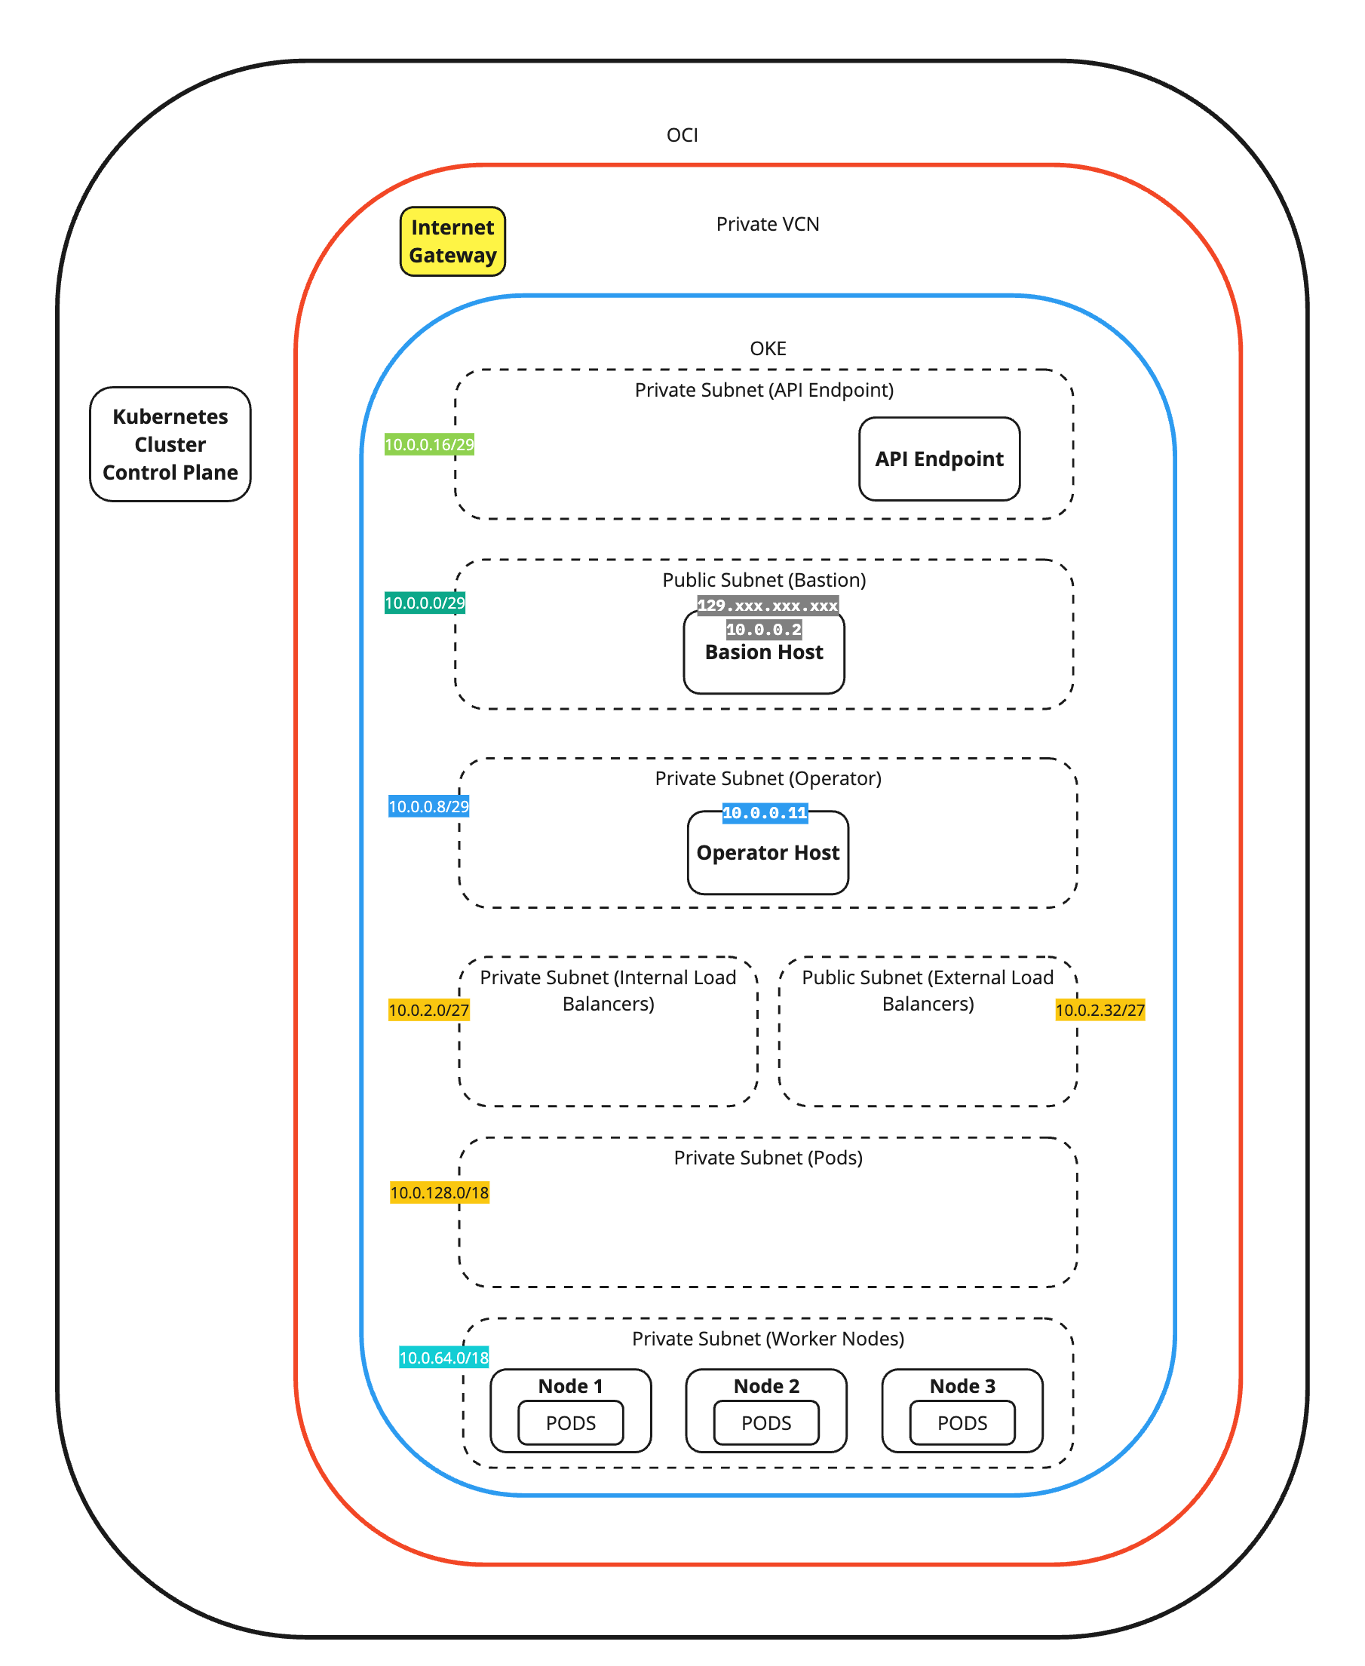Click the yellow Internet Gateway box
[452, 241]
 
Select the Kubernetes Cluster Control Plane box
[170, 444]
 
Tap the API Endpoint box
[939, 459]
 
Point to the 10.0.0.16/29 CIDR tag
[428, 444]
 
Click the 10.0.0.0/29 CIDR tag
[425, 603]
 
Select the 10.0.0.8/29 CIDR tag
[428, 806]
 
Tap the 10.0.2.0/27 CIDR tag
[428, 1010]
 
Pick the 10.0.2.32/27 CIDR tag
[1100, 1010]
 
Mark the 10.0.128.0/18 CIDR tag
[440, 1192]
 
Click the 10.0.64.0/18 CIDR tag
[443, 1357]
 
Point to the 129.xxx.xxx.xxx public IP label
[768, 606]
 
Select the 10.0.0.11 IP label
[764, 813]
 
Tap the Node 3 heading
[962, 1385]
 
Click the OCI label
[682, 135]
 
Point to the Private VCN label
[768, 224]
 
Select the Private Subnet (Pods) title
[768, 1158]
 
